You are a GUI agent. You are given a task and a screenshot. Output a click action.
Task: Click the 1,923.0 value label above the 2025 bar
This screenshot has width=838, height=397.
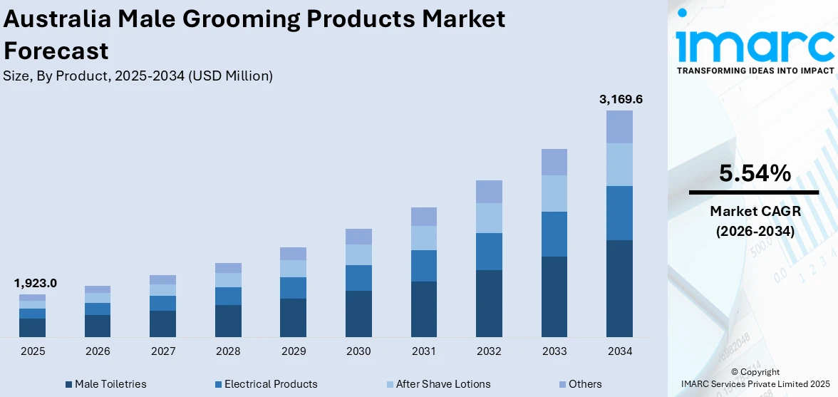tap(35, 283)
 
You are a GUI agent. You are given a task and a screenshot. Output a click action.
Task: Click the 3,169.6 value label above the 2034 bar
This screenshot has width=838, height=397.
tap(621, 100)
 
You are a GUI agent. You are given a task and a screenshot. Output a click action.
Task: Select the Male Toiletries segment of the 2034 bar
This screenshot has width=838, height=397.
tap(619, 288)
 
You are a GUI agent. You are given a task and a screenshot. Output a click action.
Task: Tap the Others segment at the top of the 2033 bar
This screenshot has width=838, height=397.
tap(554, 162)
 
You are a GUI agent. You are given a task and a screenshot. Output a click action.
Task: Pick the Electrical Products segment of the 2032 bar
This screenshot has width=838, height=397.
tap(489, 252)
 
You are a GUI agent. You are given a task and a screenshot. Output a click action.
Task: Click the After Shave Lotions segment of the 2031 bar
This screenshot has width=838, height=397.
tap(423, 238)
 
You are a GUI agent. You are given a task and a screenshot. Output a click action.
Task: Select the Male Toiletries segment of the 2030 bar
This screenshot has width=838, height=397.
tap(358, 314)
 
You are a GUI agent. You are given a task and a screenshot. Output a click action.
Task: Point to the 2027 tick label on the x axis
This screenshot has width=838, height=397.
tap(162, 351)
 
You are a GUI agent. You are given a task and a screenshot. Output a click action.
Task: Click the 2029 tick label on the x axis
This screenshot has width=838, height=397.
tap(293, 351)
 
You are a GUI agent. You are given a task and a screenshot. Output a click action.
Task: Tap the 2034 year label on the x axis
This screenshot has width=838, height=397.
tap(619, 351)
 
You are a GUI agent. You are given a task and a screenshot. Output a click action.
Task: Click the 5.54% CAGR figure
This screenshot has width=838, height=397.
tap(754, 173)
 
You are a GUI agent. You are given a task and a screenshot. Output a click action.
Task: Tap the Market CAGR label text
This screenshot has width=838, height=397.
tap(754, 211)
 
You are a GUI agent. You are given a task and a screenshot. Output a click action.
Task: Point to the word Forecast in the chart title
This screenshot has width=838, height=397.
tap(56, 51)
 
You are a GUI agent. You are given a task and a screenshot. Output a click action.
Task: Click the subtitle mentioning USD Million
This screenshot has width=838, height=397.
tap(138, 76)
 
